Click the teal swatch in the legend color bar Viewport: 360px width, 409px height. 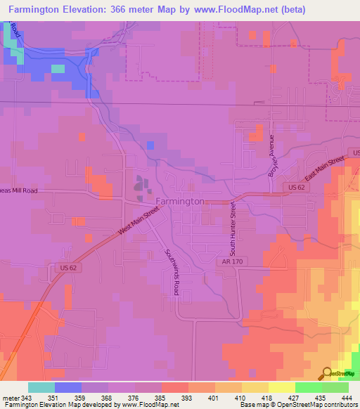coord(41,387)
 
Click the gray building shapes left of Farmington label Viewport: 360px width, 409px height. coord(142,186)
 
